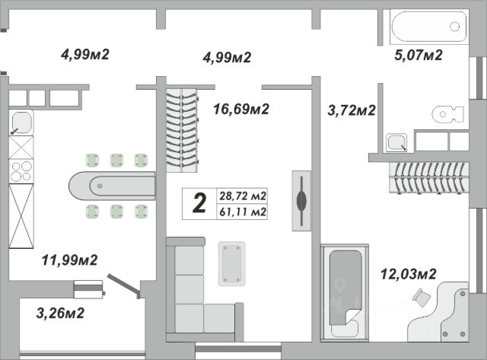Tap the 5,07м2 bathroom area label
pyautogui.click(x=418, y=55)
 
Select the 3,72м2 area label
pyautogui.click(x=351, y=111)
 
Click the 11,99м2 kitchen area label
pyautogui.click(x=70, y=260)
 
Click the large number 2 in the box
pyautogui.click(x=199, y=203)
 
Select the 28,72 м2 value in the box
pyautogui.click(x=242, y=195)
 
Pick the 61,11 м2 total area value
pyautogui.click(x=242, y=212)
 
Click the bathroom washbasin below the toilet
pyautogui.click(x=396, y=142)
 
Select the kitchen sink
pyautogui.click(x=22, y=123)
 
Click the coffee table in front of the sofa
pyautogui.click(x=231, y=263)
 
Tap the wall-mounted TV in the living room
pyautogui.click(x=302, y=199)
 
